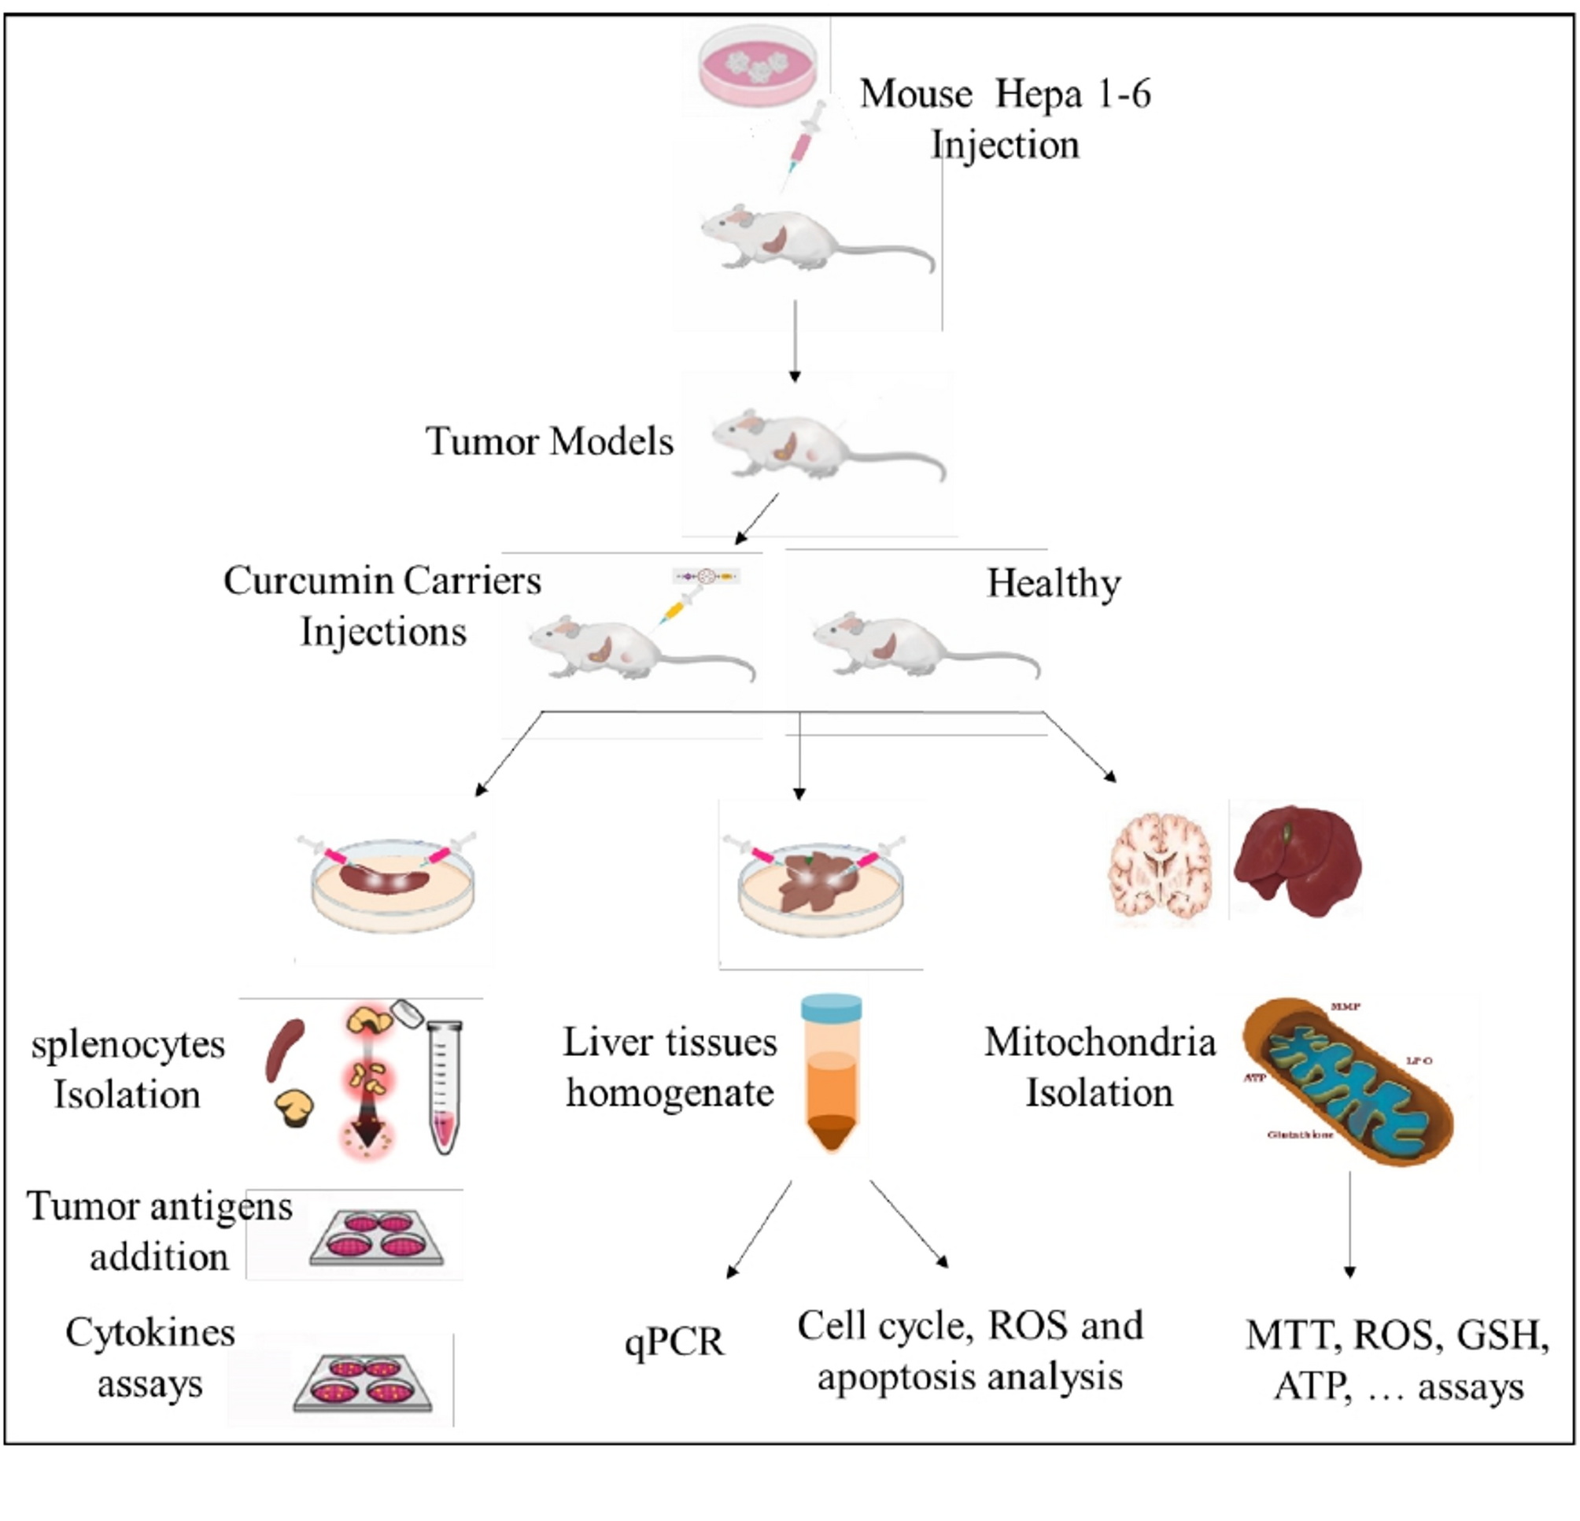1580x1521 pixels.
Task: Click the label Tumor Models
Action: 549,441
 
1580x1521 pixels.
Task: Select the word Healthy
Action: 1054,583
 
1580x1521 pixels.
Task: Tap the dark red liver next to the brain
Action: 1296,862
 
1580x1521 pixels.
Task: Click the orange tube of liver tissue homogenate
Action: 831,1072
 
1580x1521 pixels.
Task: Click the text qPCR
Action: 674,1342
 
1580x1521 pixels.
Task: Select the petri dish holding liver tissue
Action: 821,887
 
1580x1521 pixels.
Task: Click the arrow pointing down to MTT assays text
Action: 1349,1225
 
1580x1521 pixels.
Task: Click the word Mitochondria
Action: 1099,1043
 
